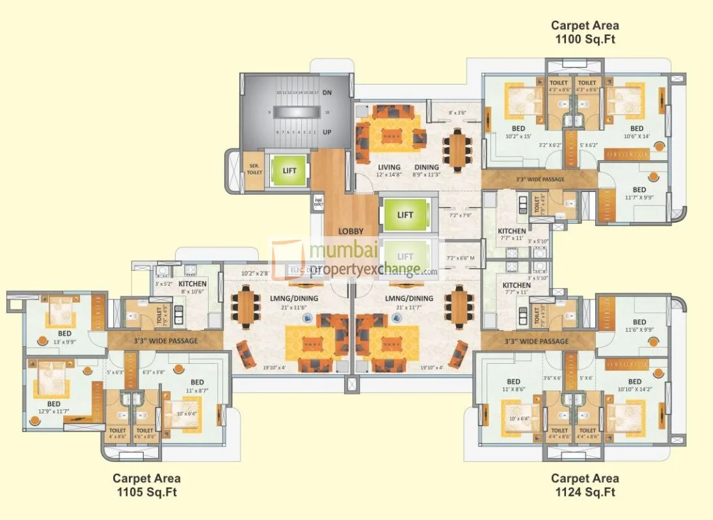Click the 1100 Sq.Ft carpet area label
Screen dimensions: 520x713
585,33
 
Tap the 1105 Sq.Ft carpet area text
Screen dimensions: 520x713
146,486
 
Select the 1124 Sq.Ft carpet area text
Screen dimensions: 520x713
585,486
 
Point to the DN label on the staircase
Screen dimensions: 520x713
327,93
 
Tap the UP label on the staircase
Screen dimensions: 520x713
327,132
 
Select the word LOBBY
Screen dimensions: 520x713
349,231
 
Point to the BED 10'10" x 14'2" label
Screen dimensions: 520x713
635,385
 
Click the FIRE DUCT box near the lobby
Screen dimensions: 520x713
318,202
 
